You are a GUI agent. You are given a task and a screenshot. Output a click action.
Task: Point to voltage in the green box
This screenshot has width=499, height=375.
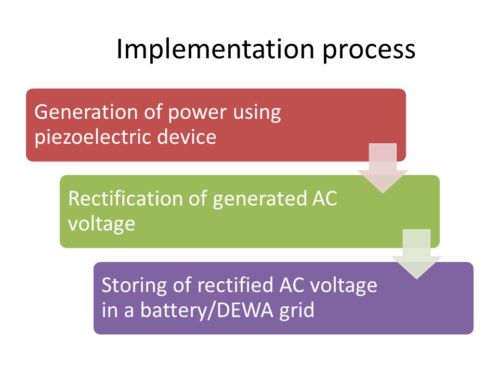point(101,224)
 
